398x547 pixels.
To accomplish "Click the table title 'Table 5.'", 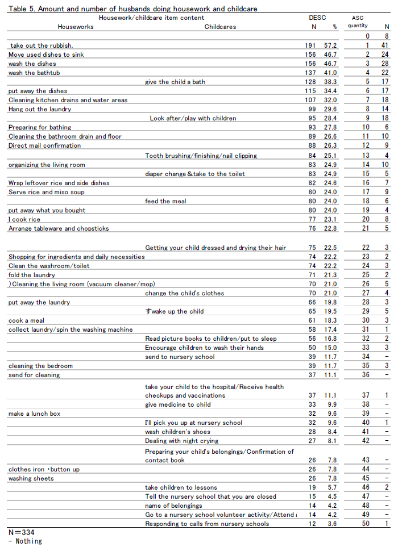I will [21, 9].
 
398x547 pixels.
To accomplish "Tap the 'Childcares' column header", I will [220, 27].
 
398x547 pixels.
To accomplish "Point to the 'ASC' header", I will [357, 18].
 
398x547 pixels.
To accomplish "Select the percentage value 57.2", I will [330, 45].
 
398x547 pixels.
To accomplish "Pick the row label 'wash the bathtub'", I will [34, 73].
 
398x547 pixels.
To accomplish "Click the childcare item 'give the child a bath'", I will [175, 82].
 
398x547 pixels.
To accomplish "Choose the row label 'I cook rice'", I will [24, 219].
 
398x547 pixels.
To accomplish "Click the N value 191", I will [310, 45].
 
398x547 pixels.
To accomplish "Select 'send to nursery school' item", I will [180, 357].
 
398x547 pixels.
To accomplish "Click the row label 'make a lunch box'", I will [34, 414].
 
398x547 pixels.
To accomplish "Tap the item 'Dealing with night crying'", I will [181, 441].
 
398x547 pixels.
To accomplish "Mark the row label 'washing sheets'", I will [31, 478].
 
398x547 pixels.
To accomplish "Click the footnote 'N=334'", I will [21, 532].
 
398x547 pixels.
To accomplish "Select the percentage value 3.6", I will [332, 524].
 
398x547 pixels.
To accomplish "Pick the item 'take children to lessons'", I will [181, 487].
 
